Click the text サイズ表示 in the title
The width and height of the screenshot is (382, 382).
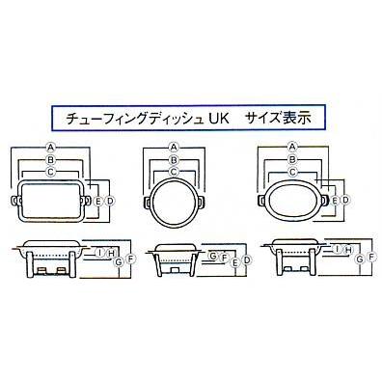pos(278,119)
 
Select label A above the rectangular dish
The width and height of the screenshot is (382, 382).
pos(50,148)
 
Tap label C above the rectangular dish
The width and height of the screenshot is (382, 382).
pos(50,172)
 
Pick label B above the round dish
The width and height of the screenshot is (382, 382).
pos(174,159)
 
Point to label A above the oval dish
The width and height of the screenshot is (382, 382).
pos(292,147)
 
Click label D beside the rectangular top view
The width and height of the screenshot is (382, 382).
pos(110,202)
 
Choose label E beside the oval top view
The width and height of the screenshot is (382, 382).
pos(335,201)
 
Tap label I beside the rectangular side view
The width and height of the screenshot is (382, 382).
pos(99,253)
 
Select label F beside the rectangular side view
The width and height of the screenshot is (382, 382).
pos(130,259)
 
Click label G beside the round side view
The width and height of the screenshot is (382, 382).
pos(213,257)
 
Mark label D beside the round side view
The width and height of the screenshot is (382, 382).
pos(247,259)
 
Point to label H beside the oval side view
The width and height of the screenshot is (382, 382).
pos(348,250)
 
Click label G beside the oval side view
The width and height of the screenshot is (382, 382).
pos(360,258)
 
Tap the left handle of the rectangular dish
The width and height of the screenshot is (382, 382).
pos(16,201)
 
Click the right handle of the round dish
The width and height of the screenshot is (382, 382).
pos(202,203)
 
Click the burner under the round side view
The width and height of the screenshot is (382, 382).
pos(176,271)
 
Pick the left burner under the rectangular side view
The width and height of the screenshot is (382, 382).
pos(41,271)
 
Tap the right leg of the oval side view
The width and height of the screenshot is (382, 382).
pos(312,261)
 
